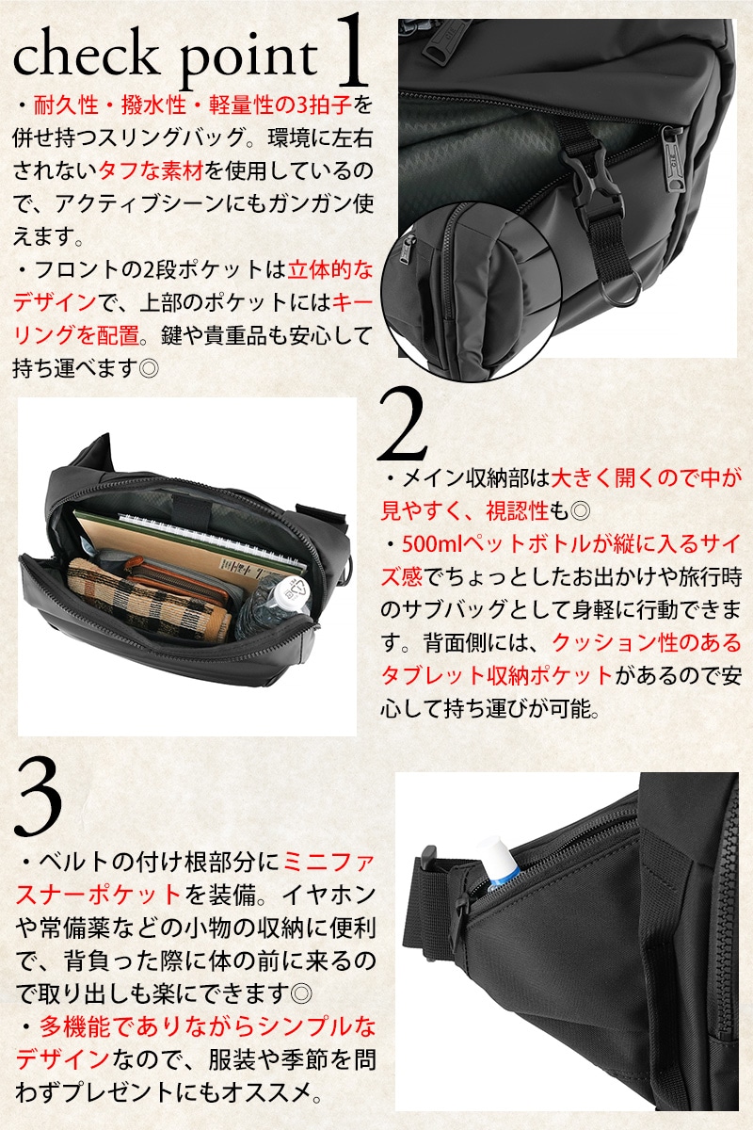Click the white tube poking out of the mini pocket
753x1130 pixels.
(499, 861)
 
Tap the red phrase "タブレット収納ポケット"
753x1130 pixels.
(496, 675)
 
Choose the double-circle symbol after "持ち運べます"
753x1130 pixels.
(149, 368)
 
